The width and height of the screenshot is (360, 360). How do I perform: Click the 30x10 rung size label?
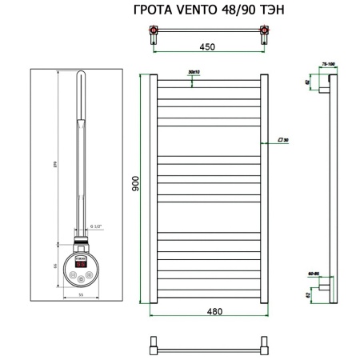(x=193, y=72)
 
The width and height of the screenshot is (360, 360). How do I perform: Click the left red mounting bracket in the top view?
(x=154, y=33)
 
